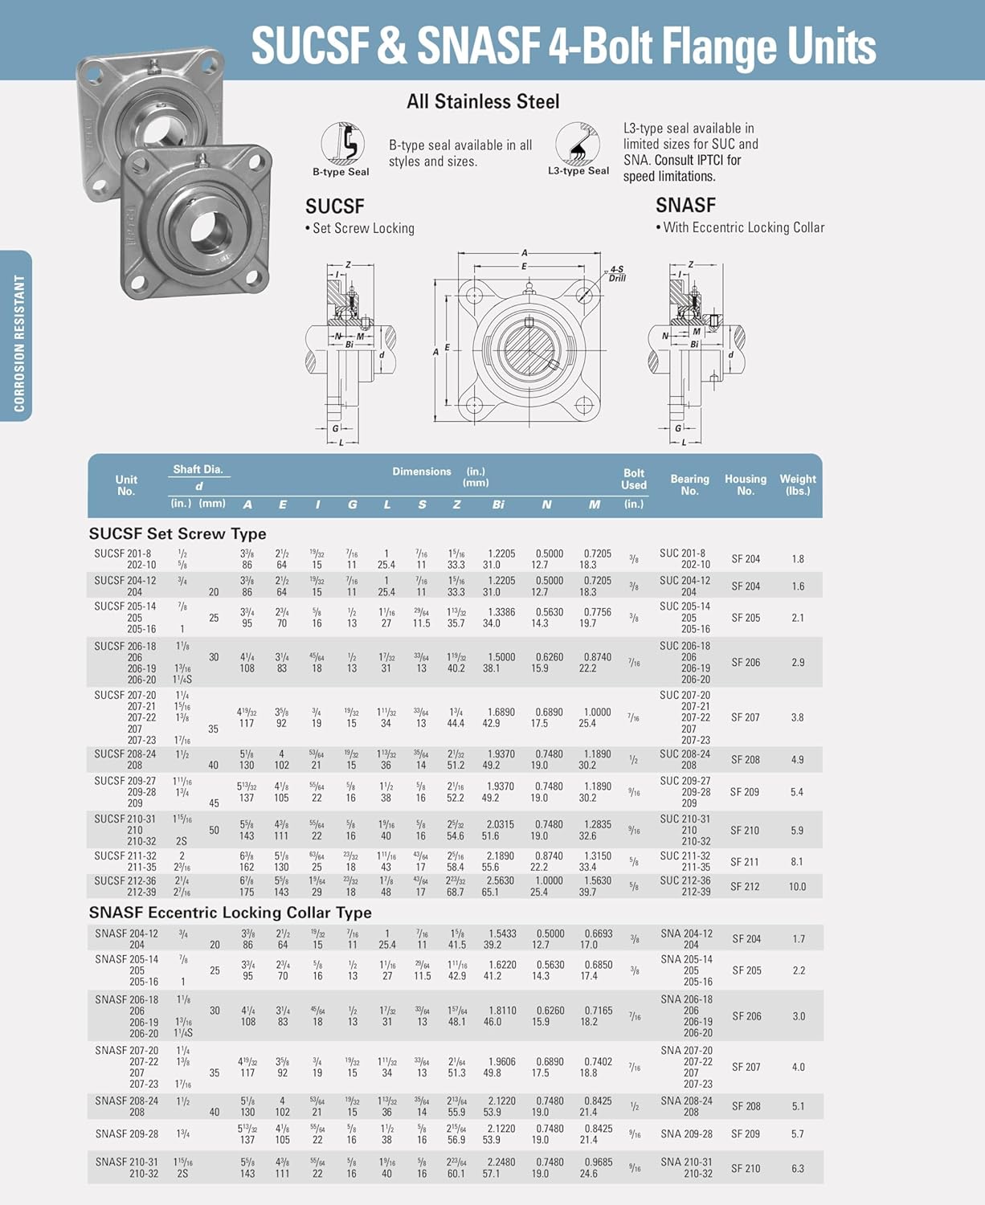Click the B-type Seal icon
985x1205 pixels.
click(x=342, y=145)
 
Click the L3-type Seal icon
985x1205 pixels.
click(x=578, y=144)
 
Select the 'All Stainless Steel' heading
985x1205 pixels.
click(x=483, y=102)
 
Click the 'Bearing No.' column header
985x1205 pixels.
click(x=689, y=484)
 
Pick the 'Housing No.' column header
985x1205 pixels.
click(x=745, y=484)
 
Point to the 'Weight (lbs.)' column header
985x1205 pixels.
click(x=797, y=484)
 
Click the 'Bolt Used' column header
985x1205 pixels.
click(x=633, y=480)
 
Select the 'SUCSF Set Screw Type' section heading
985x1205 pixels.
click(x=178, y=534)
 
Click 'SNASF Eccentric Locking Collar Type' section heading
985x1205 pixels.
click(x=230, y=913)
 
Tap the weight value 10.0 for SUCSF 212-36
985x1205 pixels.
click(x=797, y=887)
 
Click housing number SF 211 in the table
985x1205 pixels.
click(x=745, y=862)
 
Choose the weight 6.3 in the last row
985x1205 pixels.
click(x=798, y=1169)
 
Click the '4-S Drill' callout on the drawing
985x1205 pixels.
click(x=616, y=274)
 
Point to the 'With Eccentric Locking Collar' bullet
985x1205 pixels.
click(x=743, y=228)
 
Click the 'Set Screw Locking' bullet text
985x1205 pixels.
click(x=362, y=229)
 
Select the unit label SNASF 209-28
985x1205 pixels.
click(x=126, y=1134)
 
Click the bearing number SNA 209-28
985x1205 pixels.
click(x=686, y=1134)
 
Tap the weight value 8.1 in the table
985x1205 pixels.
click(x=797, y=862)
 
